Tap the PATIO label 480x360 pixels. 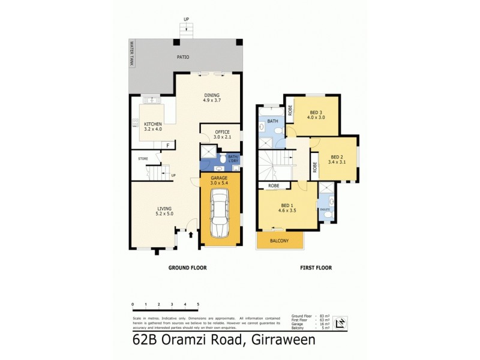[x=182, y=58]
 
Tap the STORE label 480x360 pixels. [x=143, y=159]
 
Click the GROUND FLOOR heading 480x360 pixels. [x=188, y=268]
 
